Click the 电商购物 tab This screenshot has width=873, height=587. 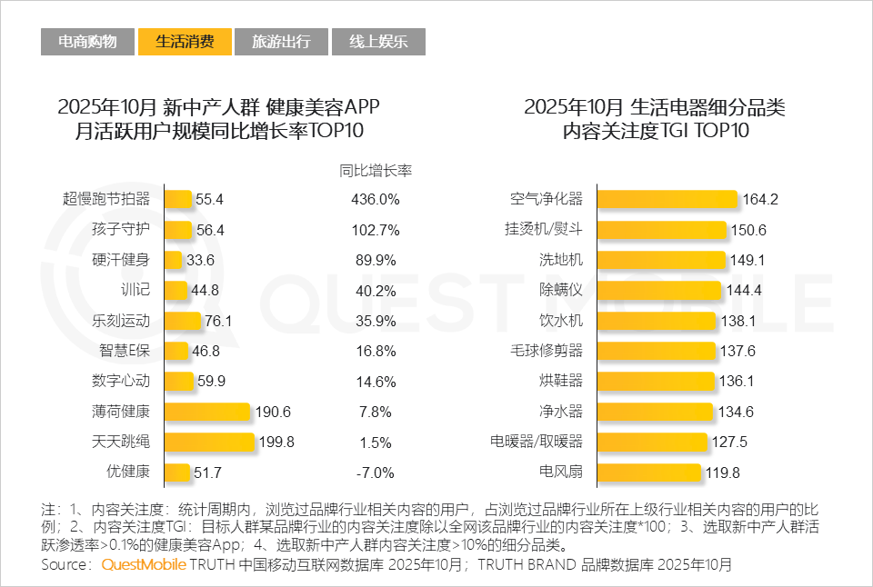[87, 42]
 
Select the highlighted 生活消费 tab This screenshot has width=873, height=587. [185, 42]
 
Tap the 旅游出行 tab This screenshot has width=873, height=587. [281, 42]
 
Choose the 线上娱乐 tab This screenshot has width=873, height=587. [377, 42]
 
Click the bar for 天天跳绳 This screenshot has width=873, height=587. [209, 443]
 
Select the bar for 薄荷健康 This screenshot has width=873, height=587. [207, 413]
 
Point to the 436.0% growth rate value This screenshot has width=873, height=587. [375, 200]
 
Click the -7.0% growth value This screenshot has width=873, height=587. [375, 473]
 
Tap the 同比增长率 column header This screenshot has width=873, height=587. [376, 170]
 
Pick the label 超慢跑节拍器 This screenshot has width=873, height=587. [105, 199]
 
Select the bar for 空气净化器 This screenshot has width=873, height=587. [667, 200]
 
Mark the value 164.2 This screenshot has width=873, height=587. [760, 200]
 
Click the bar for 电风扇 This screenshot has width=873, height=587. [649, 473]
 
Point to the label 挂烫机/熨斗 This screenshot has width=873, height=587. [543, 230]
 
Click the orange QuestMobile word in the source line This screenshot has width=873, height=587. [144, 564]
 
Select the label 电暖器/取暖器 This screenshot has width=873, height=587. [537, 443]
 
